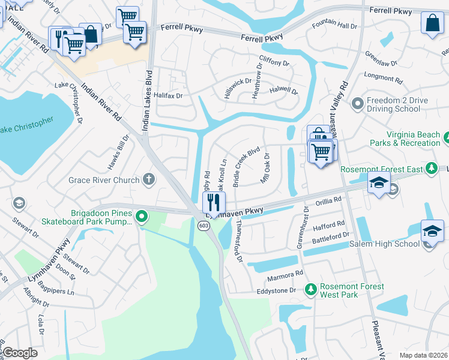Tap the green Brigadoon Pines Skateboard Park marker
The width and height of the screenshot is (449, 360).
[x=142, y=217]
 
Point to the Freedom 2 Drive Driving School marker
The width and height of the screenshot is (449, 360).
[x=358, y=104]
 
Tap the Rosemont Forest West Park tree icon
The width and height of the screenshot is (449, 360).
[x=310, y=290]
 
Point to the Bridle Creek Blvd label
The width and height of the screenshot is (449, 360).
[x=246, y=166]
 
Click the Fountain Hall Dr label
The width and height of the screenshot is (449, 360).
[x=334, y=26]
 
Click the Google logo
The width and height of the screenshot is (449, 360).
[x=20, y=353]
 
